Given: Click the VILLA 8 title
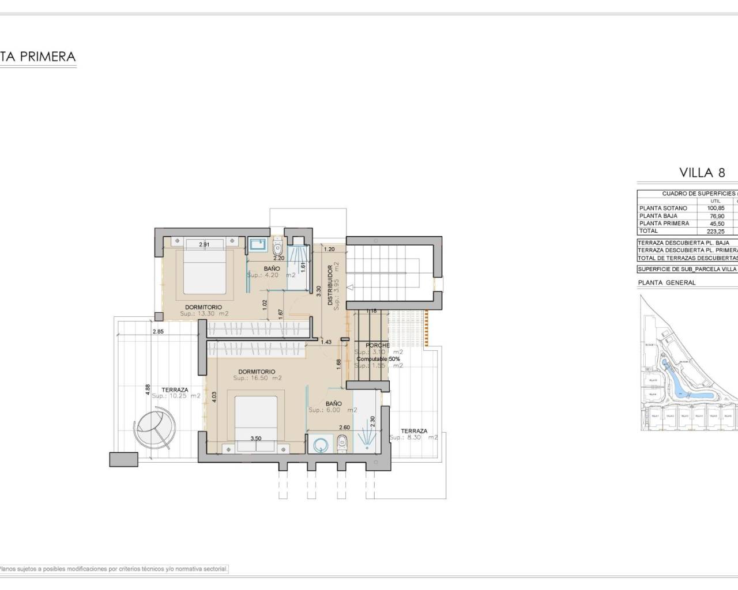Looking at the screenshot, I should coord(702,172).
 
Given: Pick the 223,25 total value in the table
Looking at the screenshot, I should coord(716,231).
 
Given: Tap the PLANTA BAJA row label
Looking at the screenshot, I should coord(658,216).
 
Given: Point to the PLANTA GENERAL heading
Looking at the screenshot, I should coord(667,283).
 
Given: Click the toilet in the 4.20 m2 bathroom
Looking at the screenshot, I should coord(277,248).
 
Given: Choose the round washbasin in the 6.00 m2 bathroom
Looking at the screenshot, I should coord(318,444).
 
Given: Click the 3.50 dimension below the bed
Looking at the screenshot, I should coord(256,438).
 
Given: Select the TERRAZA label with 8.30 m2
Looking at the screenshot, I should coord(414,431).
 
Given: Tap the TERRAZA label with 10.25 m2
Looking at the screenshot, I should coord(175,390).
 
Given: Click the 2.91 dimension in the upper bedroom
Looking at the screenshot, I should coord(204,245).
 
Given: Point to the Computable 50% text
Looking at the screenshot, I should coord(378,359).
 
